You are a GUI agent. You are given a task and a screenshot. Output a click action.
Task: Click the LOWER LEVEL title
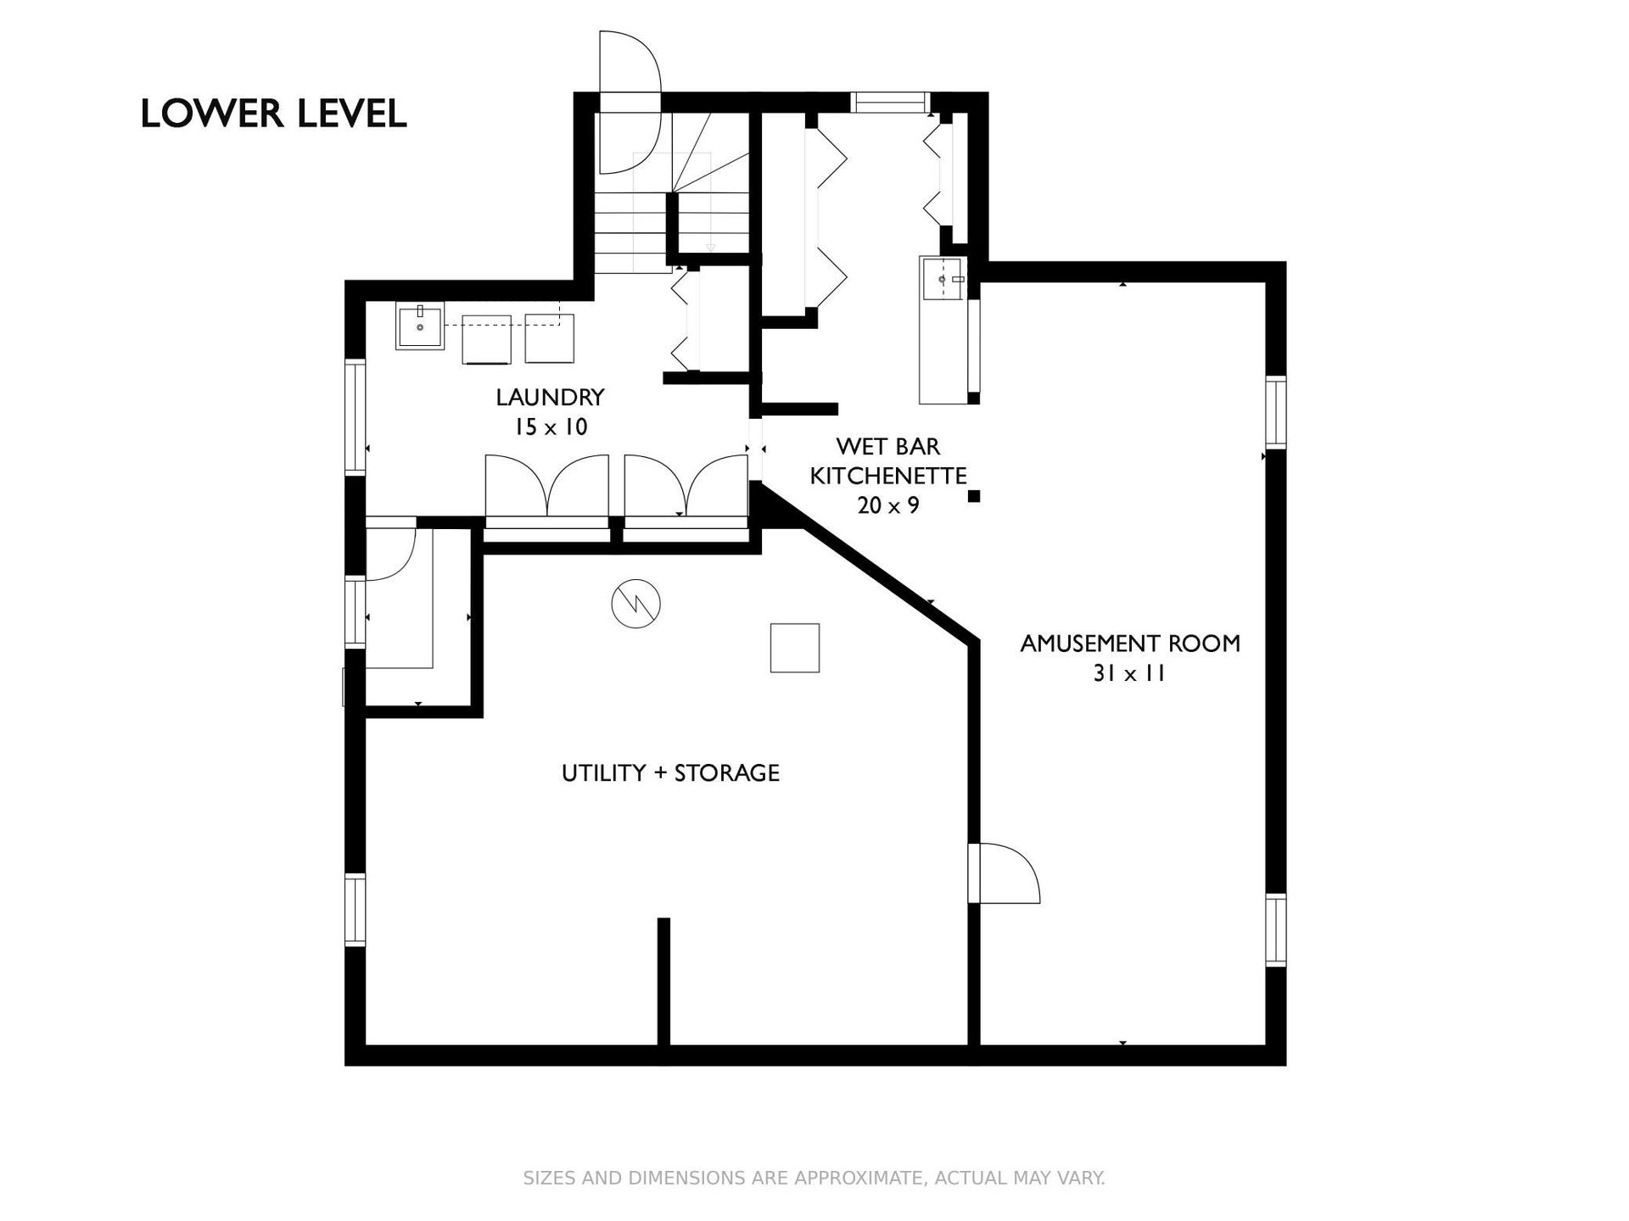[273, 114]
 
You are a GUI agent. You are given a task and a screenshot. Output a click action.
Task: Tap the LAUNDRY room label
[550, 397]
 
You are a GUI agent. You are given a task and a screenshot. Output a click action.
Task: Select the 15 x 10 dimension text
[550, 427]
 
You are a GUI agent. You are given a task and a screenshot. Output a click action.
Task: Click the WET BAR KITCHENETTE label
[888, 460]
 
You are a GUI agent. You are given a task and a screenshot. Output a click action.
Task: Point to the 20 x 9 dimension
[888, 505]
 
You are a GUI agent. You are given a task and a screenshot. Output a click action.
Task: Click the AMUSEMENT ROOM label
[1130, 644]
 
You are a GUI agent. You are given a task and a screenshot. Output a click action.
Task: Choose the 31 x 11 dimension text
[1130, 673]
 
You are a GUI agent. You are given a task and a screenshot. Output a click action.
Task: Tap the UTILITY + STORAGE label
[670, 772]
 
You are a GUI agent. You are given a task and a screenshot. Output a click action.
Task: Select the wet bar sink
[943, 277]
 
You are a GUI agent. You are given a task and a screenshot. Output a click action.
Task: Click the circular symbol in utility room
[635, 604]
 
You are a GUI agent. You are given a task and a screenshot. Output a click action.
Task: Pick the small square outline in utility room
[795, 648]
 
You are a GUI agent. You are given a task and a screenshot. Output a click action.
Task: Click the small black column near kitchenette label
[974, 496]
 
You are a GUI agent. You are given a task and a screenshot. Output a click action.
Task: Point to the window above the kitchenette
[890, 102]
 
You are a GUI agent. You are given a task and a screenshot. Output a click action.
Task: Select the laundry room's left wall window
[355, 416]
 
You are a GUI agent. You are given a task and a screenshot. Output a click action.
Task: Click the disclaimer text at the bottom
[814, 1178]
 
